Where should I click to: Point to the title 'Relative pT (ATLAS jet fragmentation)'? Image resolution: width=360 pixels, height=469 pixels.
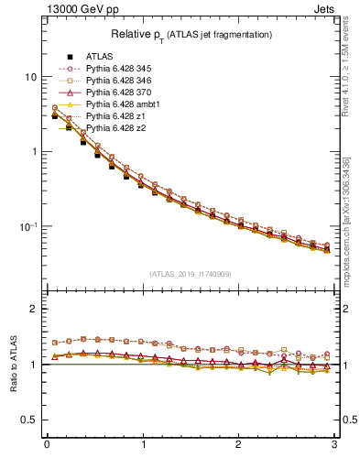click(191, 35)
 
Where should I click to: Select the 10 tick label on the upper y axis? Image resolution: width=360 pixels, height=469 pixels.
click(30, 77)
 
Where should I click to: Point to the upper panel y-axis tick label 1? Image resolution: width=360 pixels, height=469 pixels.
click(34, 151)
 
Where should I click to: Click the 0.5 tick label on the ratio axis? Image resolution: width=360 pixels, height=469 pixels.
click(29, 420)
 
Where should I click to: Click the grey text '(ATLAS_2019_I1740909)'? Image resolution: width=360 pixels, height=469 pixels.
click(191, 274)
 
